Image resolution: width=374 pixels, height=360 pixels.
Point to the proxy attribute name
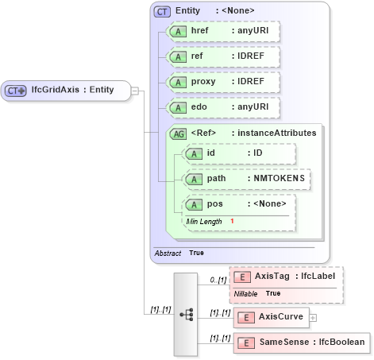point(205,82)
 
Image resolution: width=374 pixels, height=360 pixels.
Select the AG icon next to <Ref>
point(179,133)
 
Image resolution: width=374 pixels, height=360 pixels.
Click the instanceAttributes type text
point(274,133)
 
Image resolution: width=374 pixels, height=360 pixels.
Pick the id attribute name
point(211,153)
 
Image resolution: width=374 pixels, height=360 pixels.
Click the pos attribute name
point(214,204)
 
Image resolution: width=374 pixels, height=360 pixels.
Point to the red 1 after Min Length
point(232,220)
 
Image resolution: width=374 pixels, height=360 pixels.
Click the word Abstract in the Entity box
point(168,252)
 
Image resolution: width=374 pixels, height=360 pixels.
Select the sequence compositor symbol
point(187,315)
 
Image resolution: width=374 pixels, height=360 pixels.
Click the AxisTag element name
point(272,276)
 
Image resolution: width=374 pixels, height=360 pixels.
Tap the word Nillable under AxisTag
point(246,293)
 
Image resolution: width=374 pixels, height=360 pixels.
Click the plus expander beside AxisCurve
point(312,318)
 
